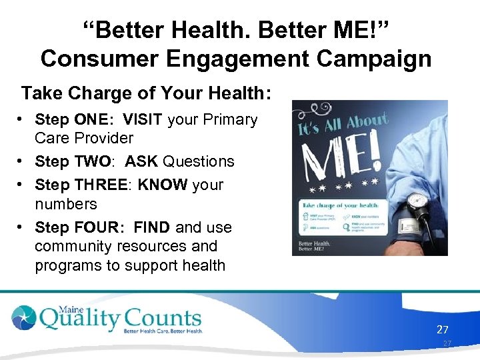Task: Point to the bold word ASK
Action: coord(141,161)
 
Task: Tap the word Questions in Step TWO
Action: coord(199,161)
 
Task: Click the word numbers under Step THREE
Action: coord(65,203)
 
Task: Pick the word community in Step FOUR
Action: coord(74,246)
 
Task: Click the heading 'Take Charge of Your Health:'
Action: coord(146,93)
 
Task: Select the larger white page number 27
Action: coord(443,329)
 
